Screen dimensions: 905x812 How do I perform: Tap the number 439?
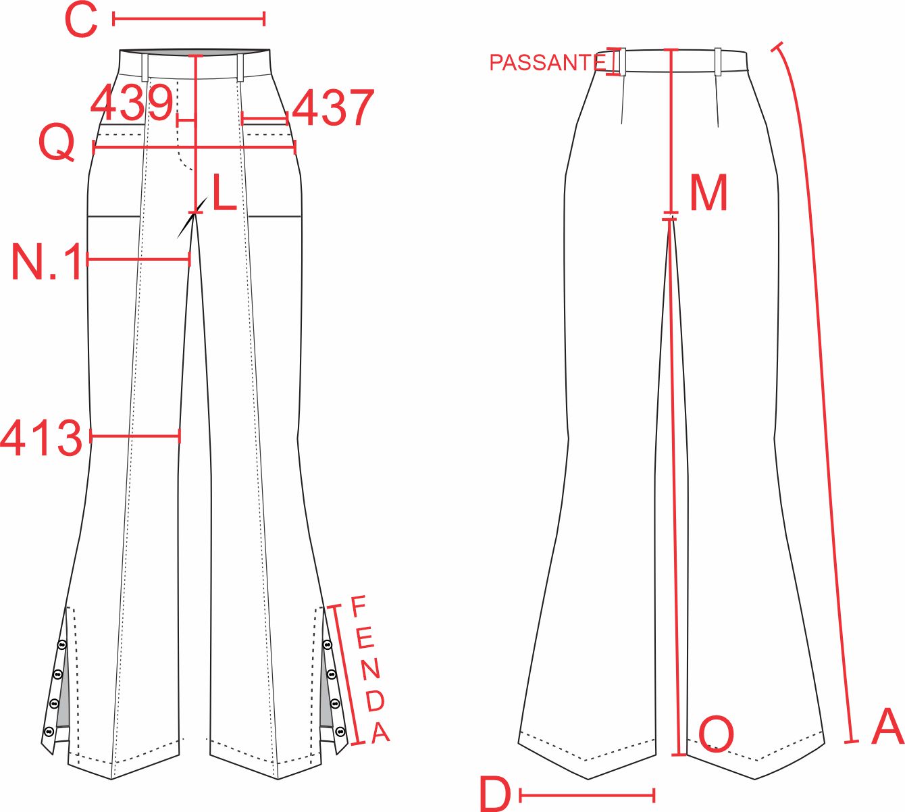pyautogui.click(x=131, y=104)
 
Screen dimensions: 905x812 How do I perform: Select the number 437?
pyautogui.click(x=333, y=107)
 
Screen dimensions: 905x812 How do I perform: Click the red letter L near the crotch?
pyautogui.click(x=224, y=192)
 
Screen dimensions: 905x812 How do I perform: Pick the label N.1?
pyautogui.click(x=47, y=262)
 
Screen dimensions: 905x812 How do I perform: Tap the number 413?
pyautogui.click(x=41, y=438)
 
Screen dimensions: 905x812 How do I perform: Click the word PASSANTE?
pyautogui.click(x=548, y=63)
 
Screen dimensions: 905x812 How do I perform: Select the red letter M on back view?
pyautogui.click(x=709, y=193)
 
